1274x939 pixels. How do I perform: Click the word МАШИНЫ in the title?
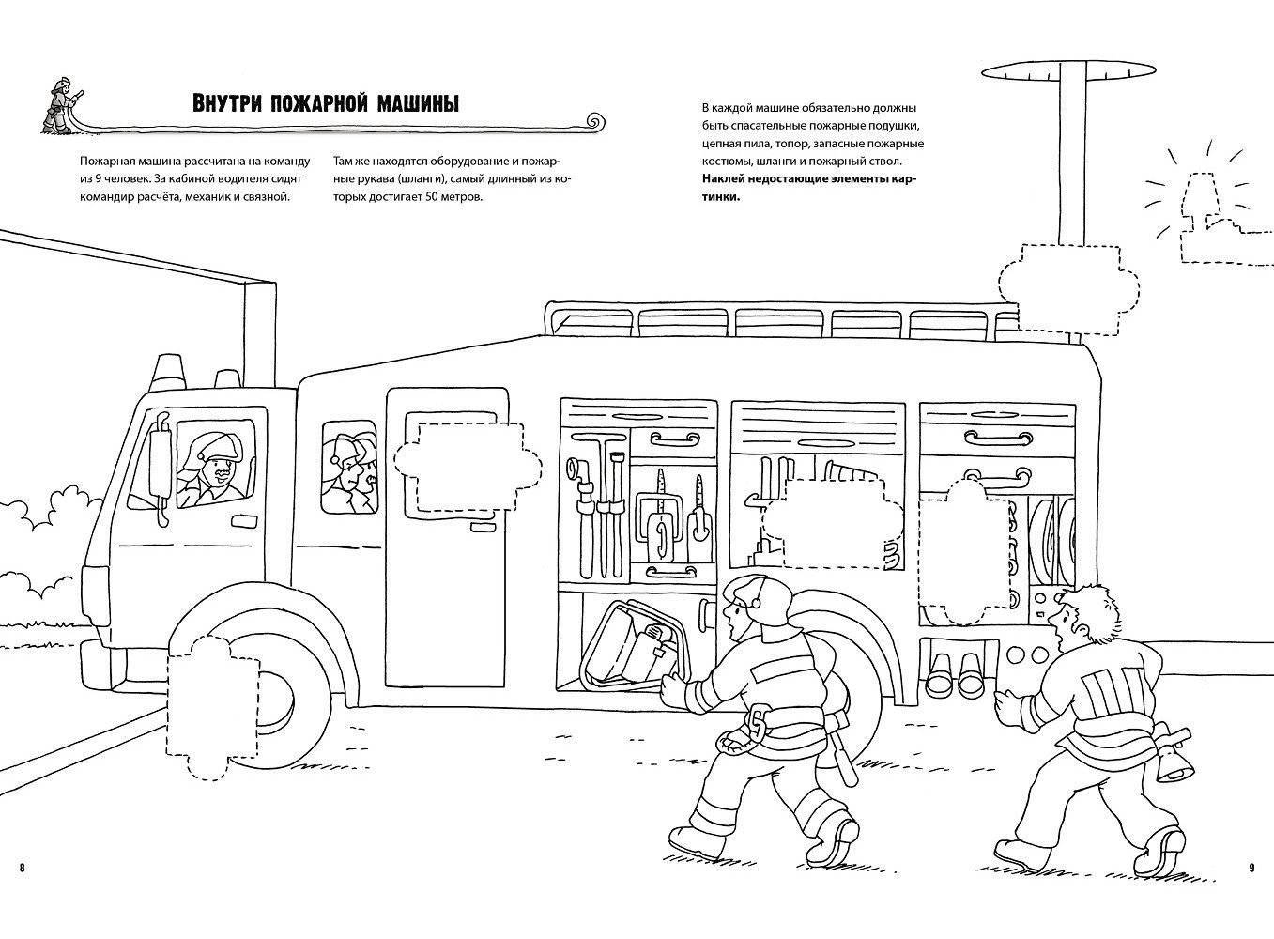coord(411,103)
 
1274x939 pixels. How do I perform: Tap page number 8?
coord(22,867)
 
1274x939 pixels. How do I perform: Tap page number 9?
coord(1251,867)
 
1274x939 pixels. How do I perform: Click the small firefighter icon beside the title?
coord(59,104)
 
